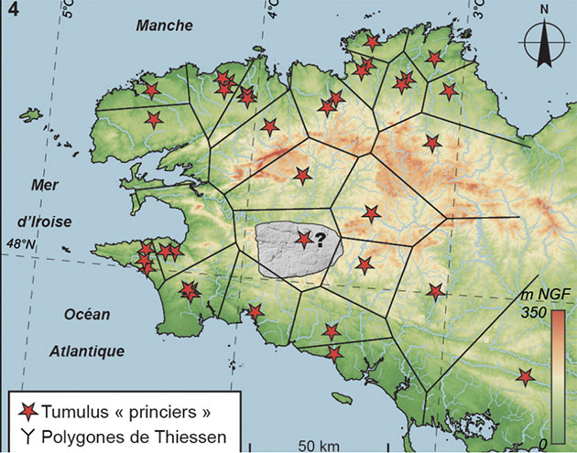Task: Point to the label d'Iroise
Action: tap(44, 221)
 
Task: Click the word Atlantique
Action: tap(88, 351)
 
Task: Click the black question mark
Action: tap(321, 240)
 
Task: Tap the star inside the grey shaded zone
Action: tap(303, 239)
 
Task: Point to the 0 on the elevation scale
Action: tap(543, 443)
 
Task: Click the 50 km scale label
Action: tap(317, 445)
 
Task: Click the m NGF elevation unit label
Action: tap(540, 295)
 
